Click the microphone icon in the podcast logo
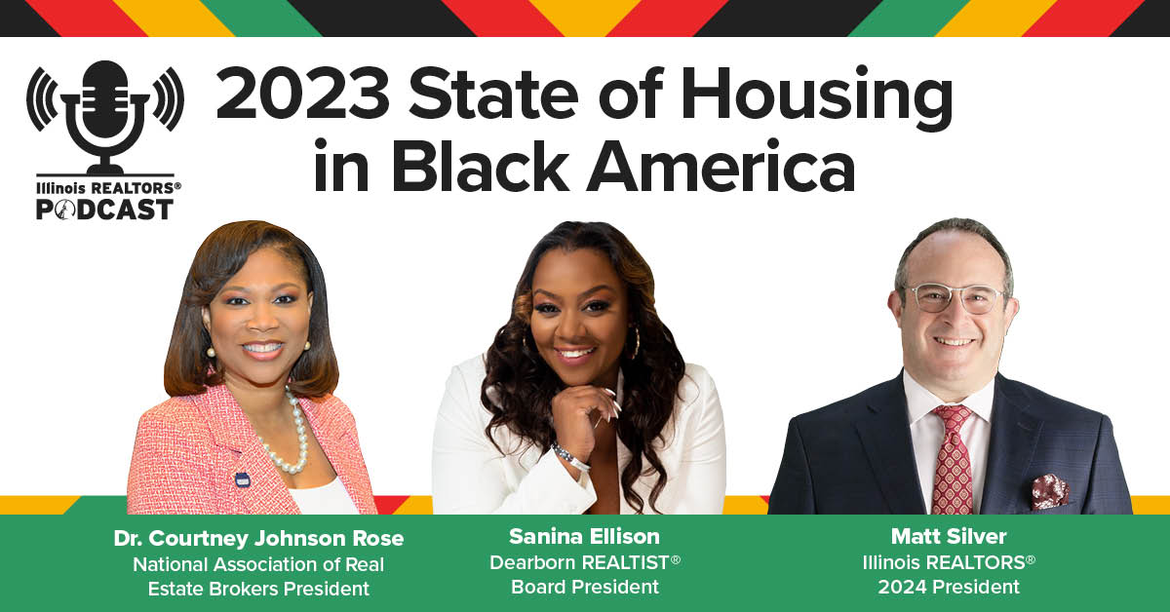click(105, 118)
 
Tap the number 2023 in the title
click(303, 93)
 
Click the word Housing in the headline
click(817, 98)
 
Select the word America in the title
click(721, 165)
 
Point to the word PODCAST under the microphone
click(104, 210)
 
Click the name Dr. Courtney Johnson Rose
click(258, 538)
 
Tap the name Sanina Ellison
click(584, 536)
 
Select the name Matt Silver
click(949, 536)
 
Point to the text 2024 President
click(949, 587)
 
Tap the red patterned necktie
click(953, 460)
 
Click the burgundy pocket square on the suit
click(1050, 491)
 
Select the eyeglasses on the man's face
click(955, 298)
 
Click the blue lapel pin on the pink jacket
click(243, 479)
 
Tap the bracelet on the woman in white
click(571, 457)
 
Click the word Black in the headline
click(480, 165)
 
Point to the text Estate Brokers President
click(258, 589)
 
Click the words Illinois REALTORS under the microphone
click(108, 188)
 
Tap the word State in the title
click(493, 93)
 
